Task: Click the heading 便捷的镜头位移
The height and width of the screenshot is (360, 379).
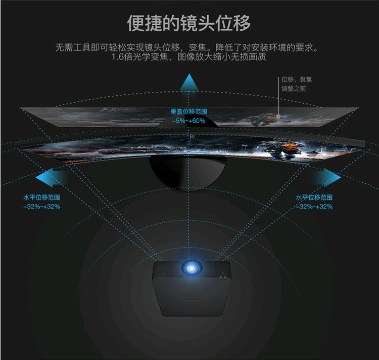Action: (189, 23)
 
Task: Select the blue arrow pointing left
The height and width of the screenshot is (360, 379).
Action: (51, 178)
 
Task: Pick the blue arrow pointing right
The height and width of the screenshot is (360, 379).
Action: (326, 177)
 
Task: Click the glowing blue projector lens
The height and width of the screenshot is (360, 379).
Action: (191, 268)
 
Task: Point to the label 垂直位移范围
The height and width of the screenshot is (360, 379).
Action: (189, 112)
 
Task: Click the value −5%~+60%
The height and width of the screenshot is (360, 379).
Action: (189, 121)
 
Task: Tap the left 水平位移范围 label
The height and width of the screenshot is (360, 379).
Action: (41, 197)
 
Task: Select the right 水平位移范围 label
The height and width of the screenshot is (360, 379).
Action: (314, 197)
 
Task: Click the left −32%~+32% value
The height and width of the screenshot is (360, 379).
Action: (41, 207)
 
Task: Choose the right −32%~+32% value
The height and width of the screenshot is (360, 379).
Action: (314, 207)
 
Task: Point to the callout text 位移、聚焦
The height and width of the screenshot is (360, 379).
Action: (297, 79)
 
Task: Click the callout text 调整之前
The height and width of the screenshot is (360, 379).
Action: (294, 89)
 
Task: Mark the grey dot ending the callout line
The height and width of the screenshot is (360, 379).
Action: (278, 116)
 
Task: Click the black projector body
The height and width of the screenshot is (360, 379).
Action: (191, 288)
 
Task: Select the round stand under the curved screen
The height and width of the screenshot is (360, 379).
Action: (187, 172)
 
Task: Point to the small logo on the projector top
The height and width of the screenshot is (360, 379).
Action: (192, 300)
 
